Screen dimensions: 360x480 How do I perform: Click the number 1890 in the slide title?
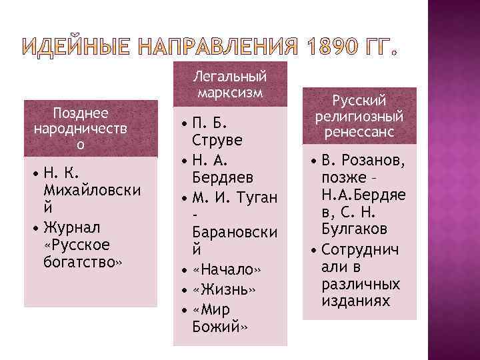[x=335, y=48]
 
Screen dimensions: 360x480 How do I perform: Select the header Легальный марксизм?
[x=231, y=84]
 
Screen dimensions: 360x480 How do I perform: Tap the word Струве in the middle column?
[x=217, y=141]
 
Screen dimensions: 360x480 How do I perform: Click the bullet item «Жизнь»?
[x=223, y=291]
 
